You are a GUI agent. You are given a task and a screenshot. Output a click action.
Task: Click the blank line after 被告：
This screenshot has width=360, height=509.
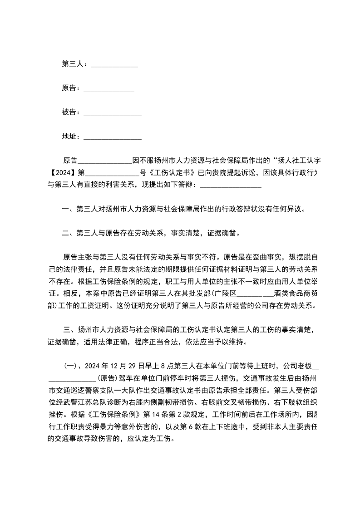[113, 113]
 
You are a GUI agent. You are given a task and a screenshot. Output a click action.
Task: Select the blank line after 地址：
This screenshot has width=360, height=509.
[113, 137]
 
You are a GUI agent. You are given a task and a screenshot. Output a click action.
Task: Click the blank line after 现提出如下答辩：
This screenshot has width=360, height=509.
[230, 185]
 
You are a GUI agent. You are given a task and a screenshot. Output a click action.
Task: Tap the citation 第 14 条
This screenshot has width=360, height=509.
[156, 413]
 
